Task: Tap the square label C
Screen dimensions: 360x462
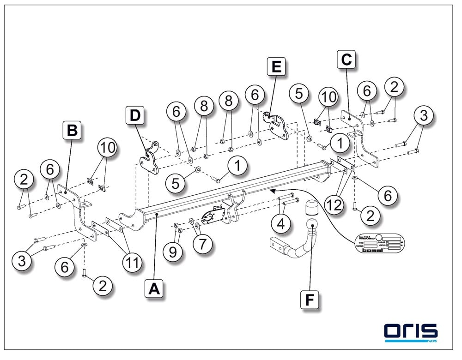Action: click(346, 60)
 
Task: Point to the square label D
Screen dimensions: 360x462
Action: click(134, 115)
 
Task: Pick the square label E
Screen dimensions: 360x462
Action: click(276, 67)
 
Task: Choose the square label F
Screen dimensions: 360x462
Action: click(310, 300)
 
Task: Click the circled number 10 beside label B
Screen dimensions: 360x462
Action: click(107, 149)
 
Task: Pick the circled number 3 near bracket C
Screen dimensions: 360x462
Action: click(423, 116)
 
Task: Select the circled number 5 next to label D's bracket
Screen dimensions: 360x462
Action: click(175, 184)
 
